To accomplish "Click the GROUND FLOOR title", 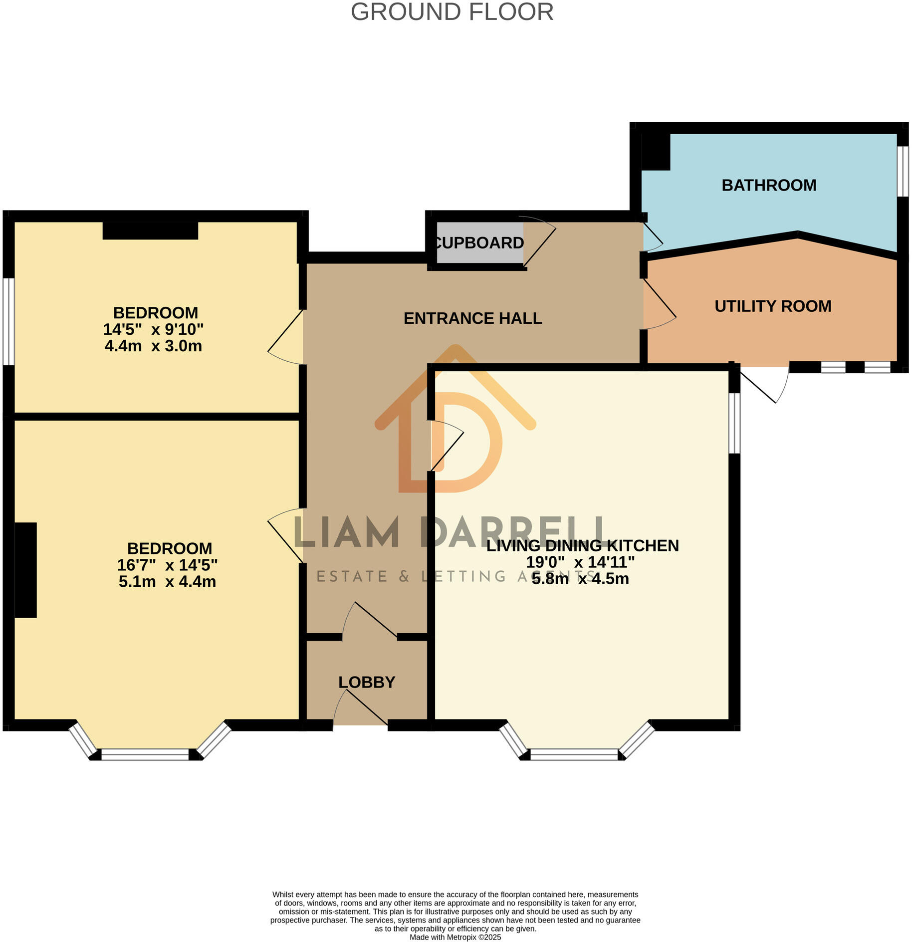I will [x=452, y=12].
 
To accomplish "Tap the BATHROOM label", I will [x=768, y=186].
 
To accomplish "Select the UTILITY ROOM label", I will [x=772, y=306].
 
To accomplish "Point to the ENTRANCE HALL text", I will [x=472, y=318].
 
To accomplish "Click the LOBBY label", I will [x=367, y=682].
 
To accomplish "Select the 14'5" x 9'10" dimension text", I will [x=153, y=329].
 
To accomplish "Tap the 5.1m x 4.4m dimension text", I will [x=167, y=582].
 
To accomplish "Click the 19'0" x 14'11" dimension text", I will [x=580, y=562].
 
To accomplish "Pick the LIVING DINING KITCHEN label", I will [x=582, y=546].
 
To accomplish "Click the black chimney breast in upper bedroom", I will [x=150, y=231].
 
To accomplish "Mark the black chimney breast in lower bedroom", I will [x=25, y=570].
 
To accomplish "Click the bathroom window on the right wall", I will [x=903, y=171].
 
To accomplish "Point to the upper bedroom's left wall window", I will [x=8, y=322].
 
